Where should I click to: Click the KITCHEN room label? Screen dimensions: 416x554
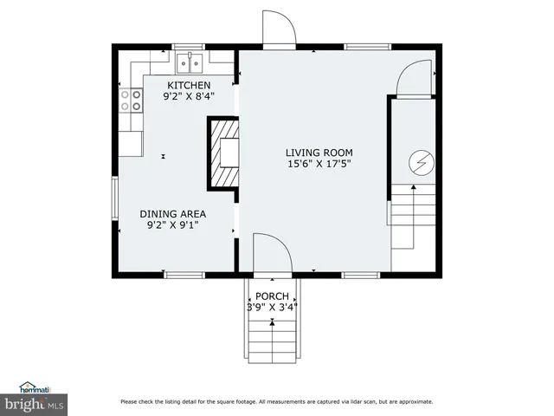click(189, 85)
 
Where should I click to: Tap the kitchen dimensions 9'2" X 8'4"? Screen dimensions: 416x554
click(189, 97)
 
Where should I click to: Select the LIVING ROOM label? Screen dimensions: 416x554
click(319, 151)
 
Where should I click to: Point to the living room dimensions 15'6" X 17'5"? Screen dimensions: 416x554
click(319, 163)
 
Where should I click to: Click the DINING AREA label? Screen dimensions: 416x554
click(173, 213)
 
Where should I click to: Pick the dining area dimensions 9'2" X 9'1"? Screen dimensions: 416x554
click(173, 226)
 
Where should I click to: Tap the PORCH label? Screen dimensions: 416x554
click(272, 296)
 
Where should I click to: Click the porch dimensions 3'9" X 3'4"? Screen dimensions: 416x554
click(272, 308)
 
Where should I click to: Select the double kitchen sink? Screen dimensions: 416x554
click(190, 62)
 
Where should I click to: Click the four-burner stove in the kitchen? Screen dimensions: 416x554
click(131, 101)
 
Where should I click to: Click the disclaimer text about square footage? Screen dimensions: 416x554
click(276, 402)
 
